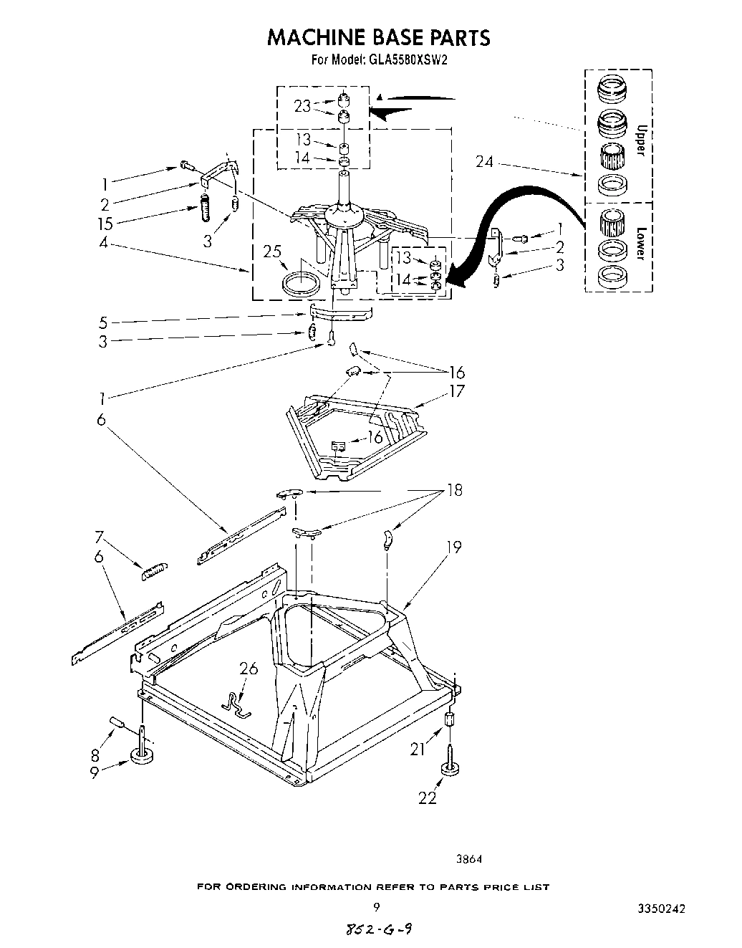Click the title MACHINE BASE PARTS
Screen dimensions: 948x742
378,37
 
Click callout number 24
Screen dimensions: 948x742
484,163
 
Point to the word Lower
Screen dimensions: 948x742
641,244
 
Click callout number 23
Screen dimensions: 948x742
302,106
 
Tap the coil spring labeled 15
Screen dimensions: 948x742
203,209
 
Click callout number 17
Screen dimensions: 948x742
456,391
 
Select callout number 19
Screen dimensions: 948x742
454,547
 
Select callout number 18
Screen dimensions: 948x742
454,490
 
